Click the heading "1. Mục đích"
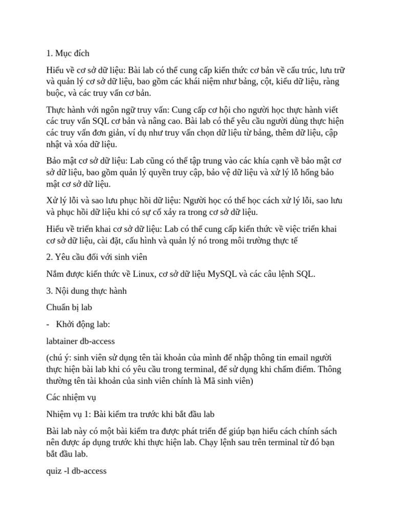point(68,53)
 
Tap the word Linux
point(147,274)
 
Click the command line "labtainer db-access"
point(80,340)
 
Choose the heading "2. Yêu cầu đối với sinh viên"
point(97,257)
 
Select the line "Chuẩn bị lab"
point(69,307)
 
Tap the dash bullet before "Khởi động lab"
point(48,324)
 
